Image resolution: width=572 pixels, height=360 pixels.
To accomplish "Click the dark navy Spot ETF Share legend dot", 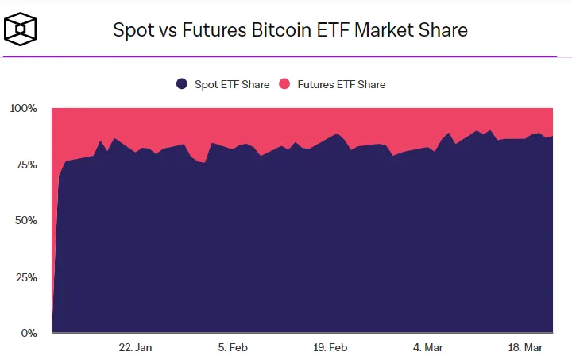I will point(182,84).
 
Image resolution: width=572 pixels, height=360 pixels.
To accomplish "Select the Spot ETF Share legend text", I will point(231,84).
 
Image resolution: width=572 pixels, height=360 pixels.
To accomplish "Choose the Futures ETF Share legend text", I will point(342,84).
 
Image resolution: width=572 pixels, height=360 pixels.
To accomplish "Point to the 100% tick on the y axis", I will point(23,108).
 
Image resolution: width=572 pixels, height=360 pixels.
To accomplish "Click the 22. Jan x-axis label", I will point(135,347).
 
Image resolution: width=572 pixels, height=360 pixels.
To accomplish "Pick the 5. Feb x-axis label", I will point(233,347).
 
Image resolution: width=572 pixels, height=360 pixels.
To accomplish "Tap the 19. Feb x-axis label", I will point(330,347).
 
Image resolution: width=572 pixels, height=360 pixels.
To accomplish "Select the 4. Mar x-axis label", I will point(427,347).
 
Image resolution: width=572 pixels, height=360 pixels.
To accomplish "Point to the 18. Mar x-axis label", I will point(525,347).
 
